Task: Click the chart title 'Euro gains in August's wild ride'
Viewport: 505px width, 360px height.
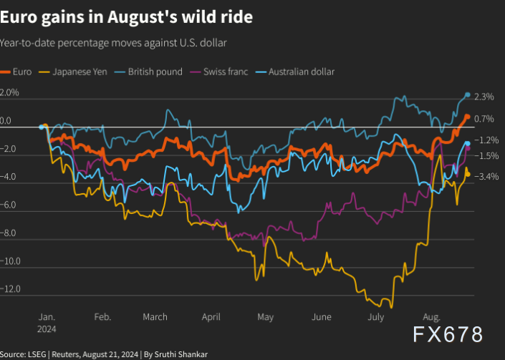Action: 126,17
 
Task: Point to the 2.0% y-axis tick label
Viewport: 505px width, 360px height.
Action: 10,93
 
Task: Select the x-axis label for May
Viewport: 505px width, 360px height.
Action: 265,317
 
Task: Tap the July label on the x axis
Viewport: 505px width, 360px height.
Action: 375,317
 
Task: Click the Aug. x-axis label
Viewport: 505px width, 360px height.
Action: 432,317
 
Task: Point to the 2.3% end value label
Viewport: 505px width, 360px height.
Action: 484,97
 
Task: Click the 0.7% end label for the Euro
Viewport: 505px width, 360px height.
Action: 484,119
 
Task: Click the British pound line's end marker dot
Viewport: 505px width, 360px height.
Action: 468,95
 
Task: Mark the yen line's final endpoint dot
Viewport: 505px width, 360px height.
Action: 468,173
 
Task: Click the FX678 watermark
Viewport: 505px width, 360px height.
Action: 447,334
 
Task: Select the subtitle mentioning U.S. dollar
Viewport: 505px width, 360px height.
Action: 114,44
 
